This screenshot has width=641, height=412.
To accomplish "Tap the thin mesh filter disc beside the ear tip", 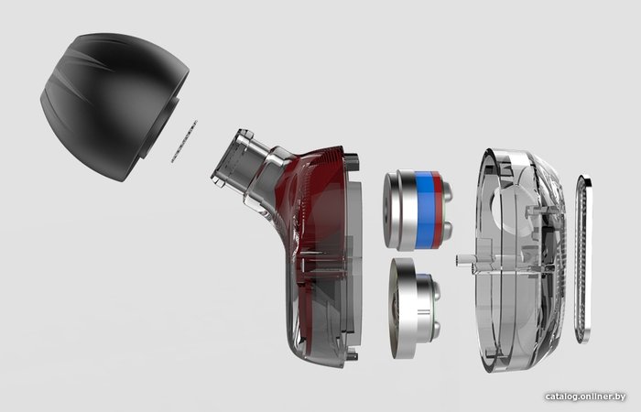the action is [x=184, y=141].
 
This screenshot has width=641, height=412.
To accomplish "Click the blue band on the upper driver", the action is [x=424, y=210].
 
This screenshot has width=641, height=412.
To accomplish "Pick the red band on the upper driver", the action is [x=438, y=210].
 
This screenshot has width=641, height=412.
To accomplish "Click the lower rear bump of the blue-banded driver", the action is [x=447, y=230].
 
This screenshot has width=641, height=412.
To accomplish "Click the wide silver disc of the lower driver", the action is [x=403, y=309].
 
